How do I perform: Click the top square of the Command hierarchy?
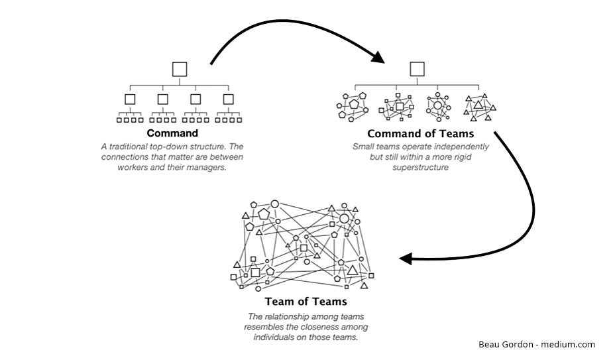pyautogui.click(x=179, y=69)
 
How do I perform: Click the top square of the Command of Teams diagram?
pyautogui.click(x=417, y=69)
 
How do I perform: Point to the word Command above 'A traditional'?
pyautogui.click(x=172, y=133)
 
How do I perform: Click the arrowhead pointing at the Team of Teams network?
pyautogui.click(x=406, y=258)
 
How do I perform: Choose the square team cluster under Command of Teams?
pyautogui.click(x=396, y=106)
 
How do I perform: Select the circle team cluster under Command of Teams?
pyautogui.click(x=437, y=105)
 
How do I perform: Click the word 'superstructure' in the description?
pyautogui.click(x=421, y=168)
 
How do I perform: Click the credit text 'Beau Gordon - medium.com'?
pyautogui.click(x=536, y=344)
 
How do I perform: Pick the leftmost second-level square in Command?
pyautogui.click(x=130, y=99)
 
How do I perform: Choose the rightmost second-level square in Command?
pyautogui.click(x=229, y=99)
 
